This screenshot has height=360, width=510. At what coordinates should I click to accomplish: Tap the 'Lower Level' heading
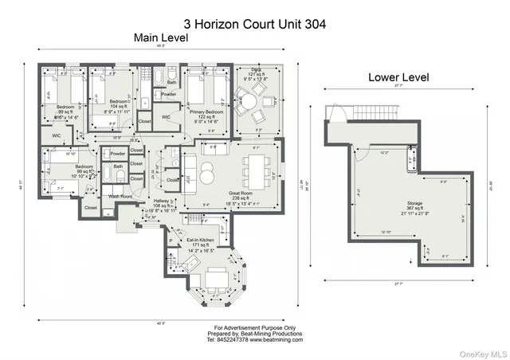pyautogui.click(x=398, y=78)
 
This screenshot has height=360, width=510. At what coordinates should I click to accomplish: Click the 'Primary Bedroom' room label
pyautogui.click(x=206, y=112)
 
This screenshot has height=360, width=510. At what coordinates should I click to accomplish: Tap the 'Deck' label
pyautogui.click(x=257, y=72)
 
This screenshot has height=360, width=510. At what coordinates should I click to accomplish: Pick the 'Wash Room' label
pyautogui.click(x=120, y=196)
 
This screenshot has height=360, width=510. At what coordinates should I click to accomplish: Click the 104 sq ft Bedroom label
pyautogui.click(x=120, y=102)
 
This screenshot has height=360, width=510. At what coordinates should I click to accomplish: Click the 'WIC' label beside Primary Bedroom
pyautogui.click(x=167, y=117)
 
